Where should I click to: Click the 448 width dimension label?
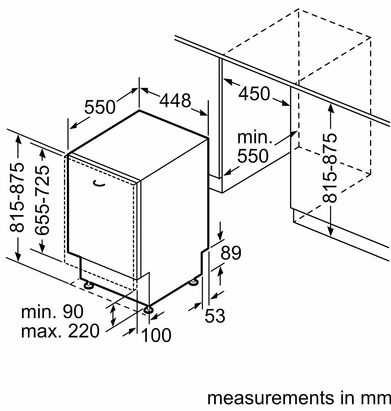(x=175, y=100)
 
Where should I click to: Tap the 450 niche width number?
(x=254, y=94)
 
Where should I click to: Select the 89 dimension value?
(x=231, y=253)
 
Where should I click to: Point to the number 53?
(x=215, y=315)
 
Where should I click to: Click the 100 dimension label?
(x=156, y=335)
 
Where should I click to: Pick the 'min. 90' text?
(x=52, y=312)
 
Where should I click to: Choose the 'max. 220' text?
(x=60, y=331)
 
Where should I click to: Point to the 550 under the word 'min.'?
(x=253, y=156)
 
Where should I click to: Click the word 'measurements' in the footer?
(x=271, y=398)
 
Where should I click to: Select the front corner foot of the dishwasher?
(x=148, y=309)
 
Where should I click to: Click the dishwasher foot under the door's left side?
(x=89, y=285)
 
